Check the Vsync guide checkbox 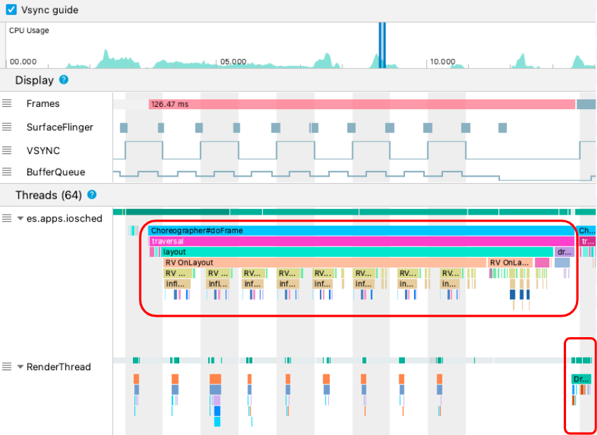tap(11, 11)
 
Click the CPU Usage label tap(29, 31)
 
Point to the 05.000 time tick tap(233, 62)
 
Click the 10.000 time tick tap(443, 62)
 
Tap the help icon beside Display tap(64, 80)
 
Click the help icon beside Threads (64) tap(91, 195)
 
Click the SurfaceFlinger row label tap(60, 127)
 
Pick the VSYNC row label tap(43, 151)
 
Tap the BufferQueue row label tap(56, 172)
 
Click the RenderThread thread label tap(58, 367)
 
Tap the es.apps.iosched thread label tap(64, 218)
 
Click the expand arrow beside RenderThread tap(20, 367)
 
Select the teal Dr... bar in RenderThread tap(581, 379)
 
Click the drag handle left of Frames tap(7, 103)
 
